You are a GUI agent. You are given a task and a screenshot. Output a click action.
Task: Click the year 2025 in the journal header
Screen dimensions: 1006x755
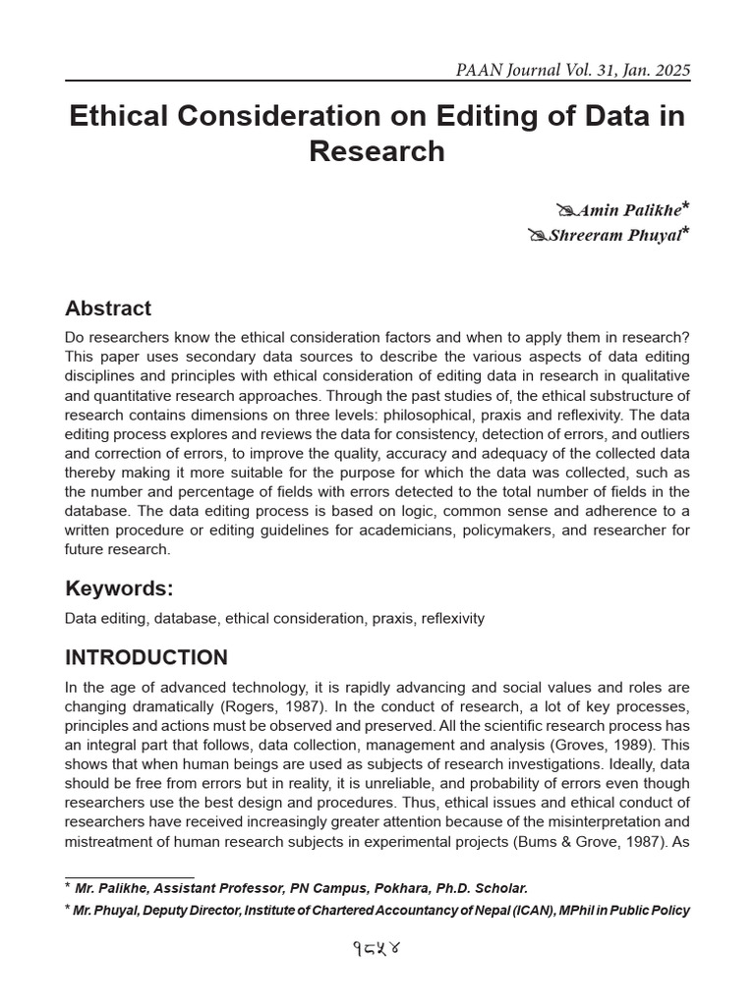670,71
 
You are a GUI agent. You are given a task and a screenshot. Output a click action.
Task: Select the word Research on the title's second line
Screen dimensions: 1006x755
377,152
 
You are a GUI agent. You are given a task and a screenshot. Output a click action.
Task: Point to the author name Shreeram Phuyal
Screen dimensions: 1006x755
614,236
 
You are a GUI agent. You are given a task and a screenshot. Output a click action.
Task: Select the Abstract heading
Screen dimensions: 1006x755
108,308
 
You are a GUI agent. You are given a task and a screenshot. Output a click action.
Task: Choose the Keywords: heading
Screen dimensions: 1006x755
119,588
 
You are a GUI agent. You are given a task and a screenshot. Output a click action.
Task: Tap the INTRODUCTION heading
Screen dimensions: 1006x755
146,657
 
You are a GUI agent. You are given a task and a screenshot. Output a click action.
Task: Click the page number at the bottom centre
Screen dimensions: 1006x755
377,950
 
